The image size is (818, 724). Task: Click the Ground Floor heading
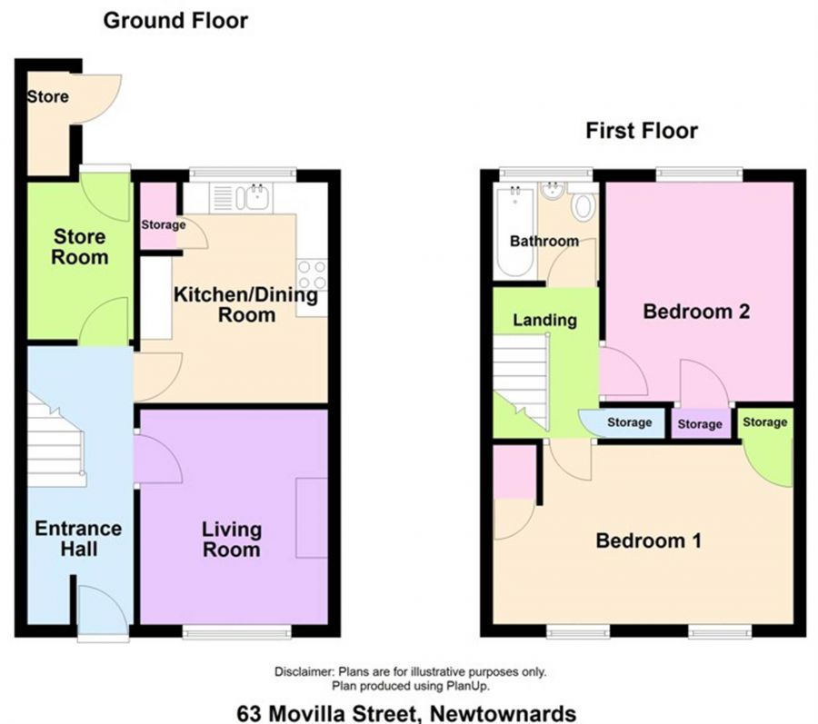click(175, 20)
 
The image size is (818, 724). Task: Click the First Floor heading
click(641, 131)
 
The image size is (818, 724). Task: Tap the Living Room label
click(232, 539)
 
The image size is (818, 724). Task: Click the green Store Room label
click(80, 247)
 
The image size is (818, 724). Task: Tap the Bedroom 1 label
click(648, 541)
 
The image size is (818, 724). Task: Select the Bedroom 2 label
click(696, 312)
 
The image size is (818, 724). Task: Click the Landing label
click(544, 320)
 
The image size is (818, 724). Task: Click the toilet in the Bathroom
click(582, 206)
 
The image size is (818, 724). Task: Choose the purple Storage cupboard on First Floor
click(700, 424)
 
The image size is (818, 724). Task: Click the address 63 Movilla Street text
click(406, 712)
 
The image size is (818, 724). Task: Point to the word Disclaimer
click(304, 672)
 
